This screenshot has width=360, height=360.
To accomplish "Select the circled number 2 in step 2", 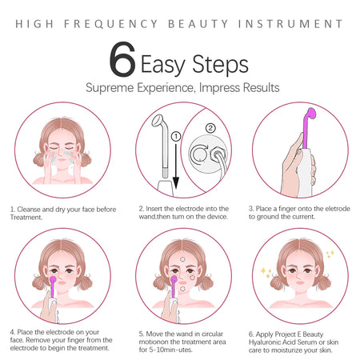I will (x=210, y=127).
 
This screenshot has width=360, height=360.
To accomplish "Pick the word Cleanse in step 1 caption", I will (x=34, y=210).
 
